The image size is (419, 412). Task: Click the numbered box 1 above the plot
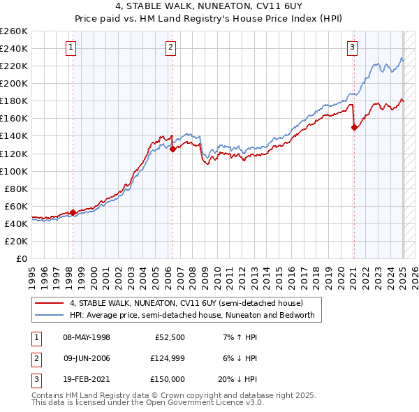[x=72, y=47]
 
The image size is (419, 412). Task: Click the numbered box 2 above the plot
[x=171, y=47]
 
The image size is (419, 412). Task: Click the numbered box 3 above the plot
[x=353, y=47]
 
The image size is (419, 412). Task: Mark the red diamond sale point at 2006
[x=172, y=148]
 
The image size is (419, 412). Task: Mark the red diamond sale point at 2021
[x=354, y=127]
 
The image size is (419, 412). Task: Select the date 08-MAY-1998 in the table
[x=87, y=337]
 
